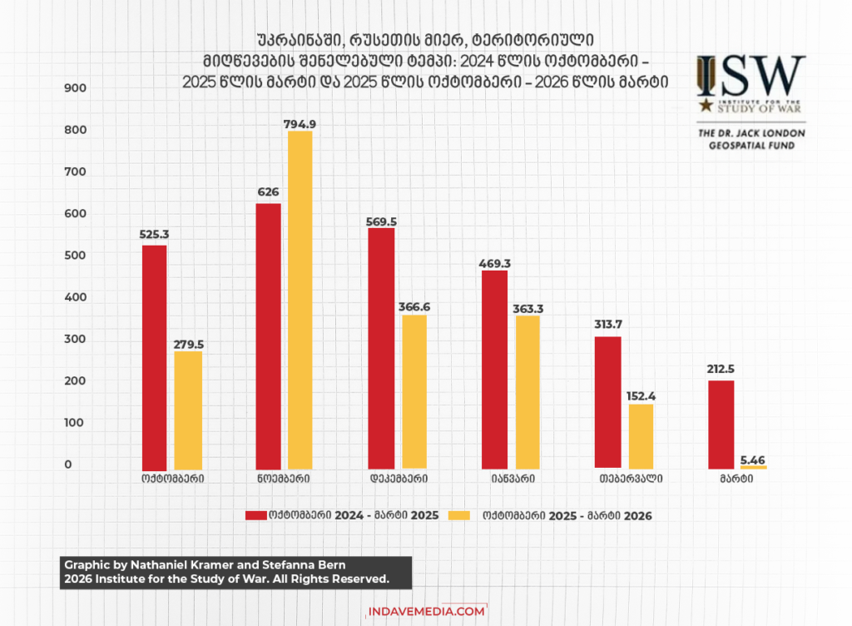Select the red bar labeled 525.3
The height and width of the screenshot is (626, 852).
155,357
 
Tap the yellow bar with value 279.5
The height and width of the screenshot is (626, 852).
188,410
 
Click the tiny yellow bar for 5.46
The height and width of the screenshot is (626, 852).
753,467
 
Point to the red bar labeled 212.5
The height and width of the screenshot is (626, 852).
721,425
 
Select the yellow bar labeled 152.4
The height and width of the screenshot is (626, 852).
641,436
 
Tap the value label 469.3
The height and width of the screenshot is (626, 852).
495,263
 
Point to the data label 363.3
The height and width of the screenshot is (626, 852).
529,308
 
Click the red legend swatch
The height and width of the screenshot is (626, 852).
255,515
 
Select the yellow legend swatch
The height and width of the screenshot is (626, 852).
458,515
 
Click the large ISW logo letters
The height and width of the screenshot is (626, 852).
751,77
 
